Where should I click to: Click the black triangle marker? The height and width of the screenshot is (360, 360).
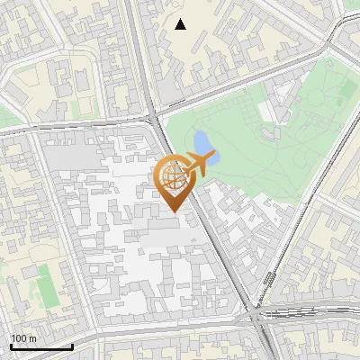(181, 24)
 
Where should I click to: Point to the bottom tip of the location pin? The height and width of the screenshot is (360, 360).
(173, 211)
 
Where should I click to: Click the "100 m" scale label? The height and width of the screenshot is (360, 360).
(23, 338)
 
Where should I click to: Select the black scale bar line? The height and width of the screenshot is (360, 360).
(41, 346)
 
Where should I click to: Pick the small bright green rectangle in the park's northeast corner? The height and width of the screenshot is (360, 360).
(347, 89)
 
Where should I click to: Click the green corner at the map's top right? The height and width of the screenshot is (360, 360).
(352, 4)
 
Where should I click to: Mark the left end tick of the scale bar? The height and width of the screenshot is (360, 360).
(11, 345)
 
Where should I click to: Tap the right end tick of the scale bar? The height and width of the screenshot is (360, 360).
(72, 345)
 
